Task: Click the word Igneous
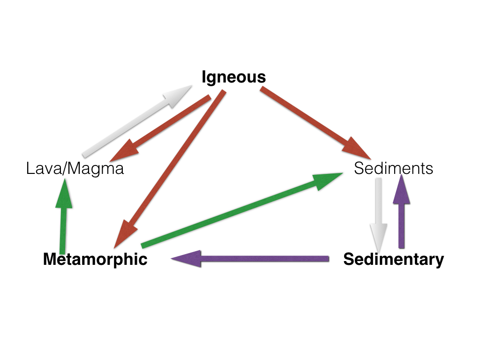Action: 233,77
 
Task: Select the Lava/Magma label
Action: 75,168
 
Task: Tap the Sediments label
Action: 393,168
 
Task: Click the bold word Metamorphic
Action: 95,259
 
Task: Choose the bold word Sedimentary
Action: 393,259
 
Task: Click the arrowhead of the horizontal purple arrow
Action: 187,259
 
